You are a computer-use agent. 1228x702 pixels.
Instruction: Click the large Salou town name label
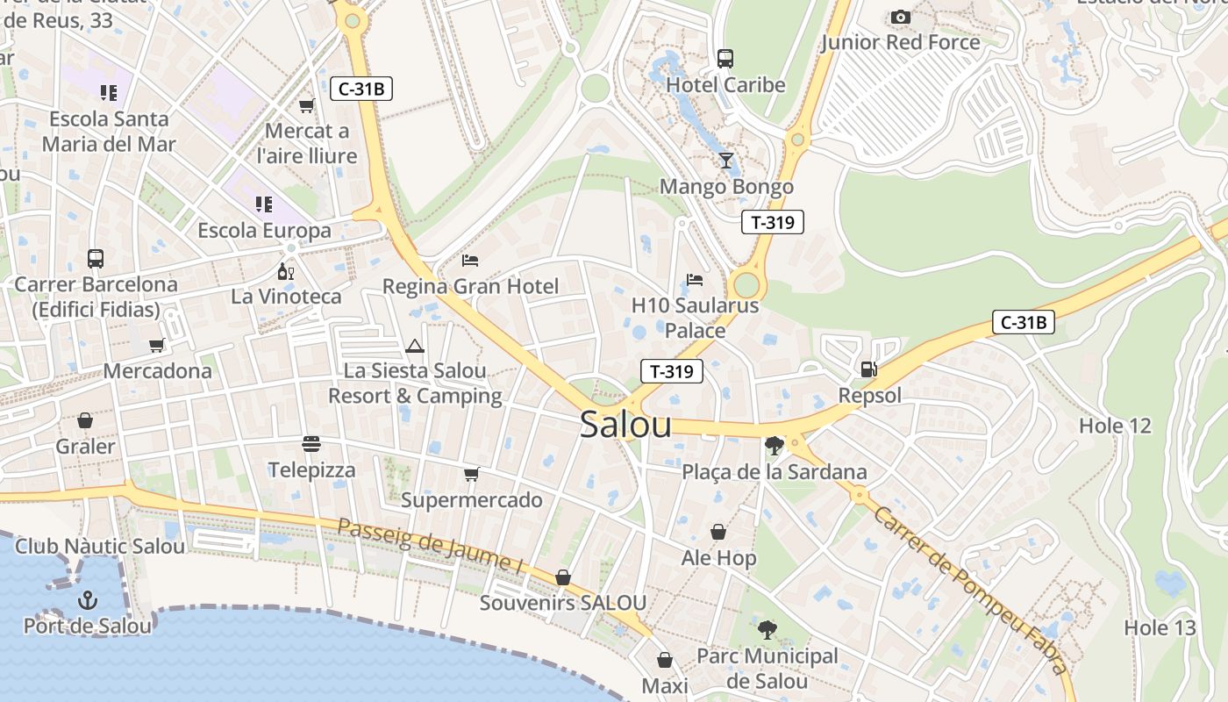625,425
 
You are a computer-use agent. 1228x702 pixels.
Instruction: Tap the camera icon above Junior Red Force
900,17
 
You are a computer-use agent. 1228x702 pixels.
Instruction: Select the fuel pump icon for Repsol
868,369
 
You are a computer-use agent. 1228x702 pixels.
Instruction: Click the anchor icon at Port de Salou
87,600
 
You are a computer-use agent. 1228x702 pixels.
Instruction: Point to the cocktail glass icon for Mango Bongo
726,160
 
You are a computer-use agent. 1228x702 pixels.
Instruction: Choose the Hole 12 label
1114,426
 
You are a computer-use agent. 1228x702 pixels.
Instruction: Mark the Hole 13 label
1160,628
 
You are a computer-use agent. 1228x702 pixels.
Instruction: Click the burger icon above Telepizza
311,444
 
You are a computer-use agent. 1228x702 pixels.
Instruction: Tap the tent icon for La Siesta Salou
414,346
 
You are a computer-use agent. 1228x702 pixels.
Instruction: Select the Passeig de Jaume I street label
430,546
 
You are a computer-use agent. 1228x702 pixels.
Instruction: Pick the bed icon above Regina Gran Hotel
470,261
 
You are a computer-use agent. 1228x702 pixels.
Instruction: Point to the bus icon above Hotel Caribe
725,59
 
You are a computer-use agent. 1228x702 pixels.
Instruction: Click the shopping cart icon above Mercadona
157,345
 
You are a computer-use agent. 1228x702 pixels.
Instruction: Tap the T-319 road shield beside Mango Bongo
773,222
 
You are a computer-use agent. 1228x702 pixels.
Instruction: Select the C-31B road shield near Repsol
1023,322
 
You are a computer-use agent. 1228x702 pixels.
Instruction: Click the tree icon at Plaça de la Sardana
774,446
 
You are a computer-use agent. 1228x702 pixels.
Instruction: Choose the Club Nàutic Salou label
100,546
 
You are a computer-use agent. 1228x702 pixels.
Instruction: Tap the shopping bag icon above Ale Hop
718,532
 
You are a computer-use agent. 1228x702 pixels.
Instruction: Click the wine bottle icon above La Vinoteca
284,271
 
